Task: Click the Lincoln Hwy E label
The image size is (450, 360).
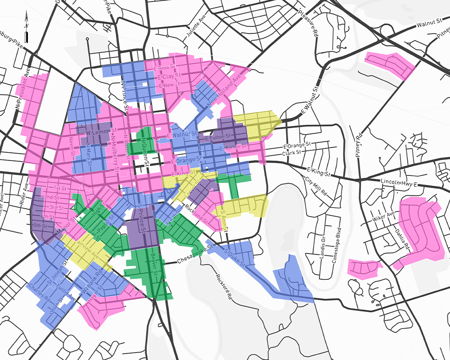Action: point(399,183)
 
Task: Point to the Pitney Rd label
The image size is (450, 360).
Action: point(359,145)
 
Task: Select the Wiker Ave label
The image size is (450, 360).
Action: point(383,216)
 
